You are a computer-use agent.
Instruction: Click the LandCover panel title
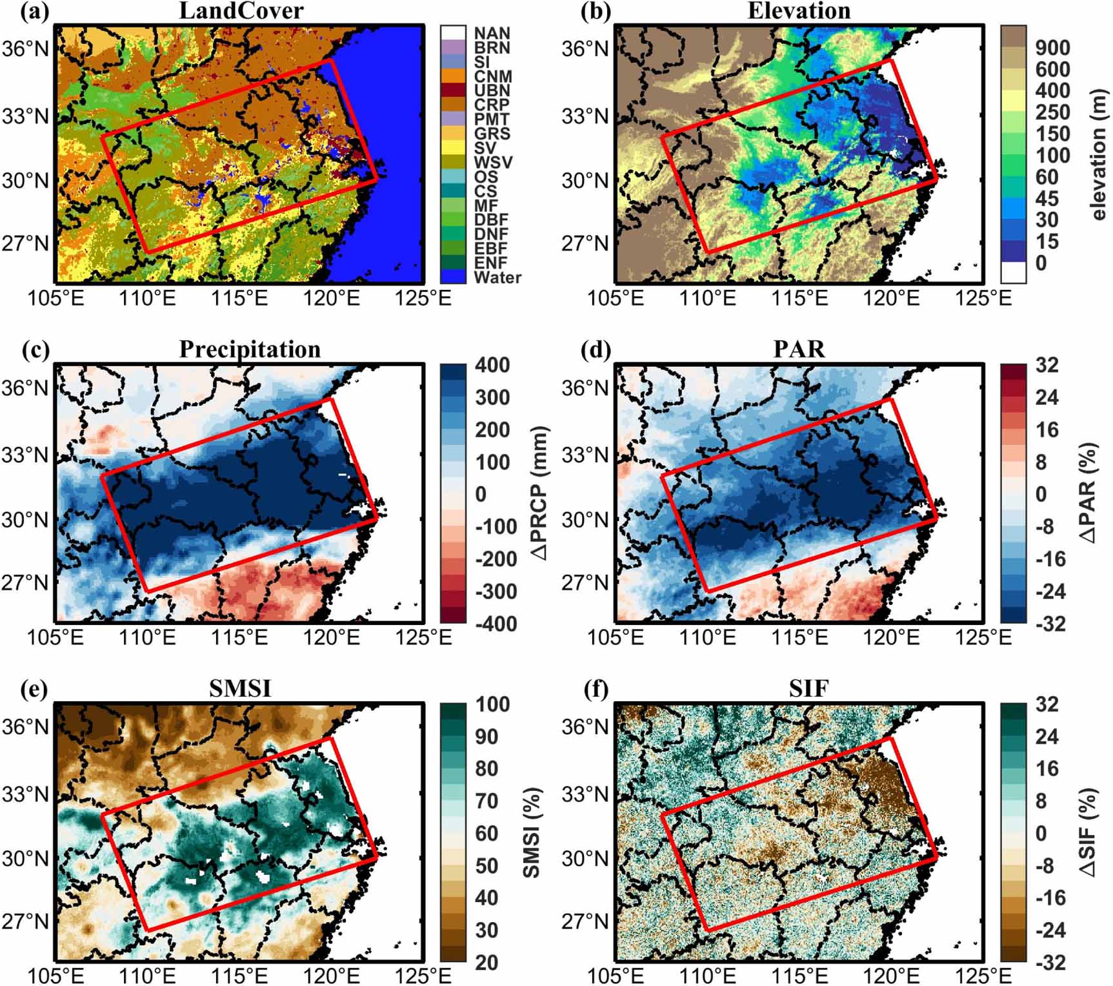tap(241, 10)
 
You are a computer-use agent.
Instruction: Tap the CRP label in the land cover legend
tap(491, 105)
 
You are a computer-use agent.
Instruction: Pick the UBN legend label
tap(492, 90)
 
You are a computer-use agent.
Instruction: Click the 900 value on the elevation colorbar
tap(1052, 48)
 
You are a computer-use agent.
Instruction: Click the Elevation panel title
tap(799, 10)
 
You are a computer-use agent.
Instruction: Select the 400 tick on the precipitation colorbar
tap(492, 365)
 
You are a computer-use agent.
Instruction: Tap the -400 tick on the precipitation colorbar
tap(496, 624)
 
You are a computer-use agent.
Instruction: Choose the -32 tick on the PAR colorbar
tap(1050, 624)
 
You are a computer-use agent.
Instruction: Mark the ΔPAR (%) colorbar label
tap(1088, 494)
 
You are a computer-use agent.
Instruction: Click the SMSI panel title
tap(240, 689)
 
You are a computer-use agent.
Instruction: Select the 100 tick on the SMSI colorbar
tap(492, 704)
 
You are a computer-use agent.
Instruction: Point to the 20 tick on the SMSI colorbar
tap(486, 962)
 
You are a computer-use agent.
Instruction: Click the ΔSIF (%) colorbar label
tap(1088, 833)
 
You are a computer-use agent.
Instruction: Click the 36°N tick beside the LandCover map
tap(25, 48)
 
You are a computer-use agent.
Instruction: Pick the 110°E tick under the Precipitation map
tap(147, 638)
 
